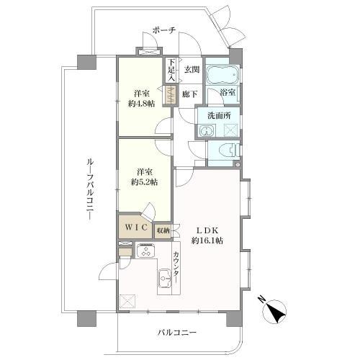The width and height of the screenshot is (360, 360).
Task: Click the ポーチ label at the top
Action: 164,30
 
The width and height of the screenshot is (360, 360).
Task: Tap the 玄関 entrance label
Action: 192,70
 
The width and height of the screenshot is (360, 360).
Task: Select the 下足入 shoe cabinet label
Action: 171,70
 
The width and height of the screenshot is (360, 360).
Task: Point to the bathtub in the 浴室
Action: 222,74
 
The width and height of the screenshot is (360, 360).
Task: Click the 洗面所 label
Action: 219,116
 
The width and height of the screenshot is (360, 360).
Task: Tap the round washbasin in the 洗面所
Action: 205,131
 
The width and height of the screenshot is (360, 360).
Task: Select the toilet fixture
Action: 230,151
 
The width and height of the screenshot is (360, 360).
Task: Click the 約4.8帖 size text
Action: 142,104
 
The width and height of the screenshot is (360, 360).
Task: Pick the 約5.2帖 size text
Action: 144,182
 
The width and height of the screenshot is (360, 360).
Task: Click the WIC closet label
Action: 136,227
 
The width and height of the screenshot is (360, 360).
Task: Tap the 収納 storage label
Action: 163,231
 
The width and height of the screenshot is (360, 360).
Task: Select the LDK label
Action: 207,230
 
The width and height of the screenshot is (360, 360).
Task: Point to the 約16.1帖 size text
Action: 207,240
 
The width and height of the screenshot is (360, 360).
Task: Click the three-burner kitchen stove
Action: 145,251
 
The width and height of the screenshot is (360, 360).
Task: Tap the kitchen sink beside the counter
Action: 165,279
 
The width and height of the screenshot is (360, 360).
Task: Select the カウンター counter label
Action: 176,267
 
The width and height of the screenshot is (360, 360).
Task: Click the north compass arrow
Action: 276,312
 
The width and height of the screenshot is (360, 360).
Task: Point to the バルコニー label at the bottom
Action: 177,333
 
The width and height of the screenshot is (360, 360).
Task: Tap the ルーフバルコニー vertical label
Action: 90,189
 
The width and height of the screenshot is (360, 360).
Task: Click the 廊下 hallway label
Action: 190,94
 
